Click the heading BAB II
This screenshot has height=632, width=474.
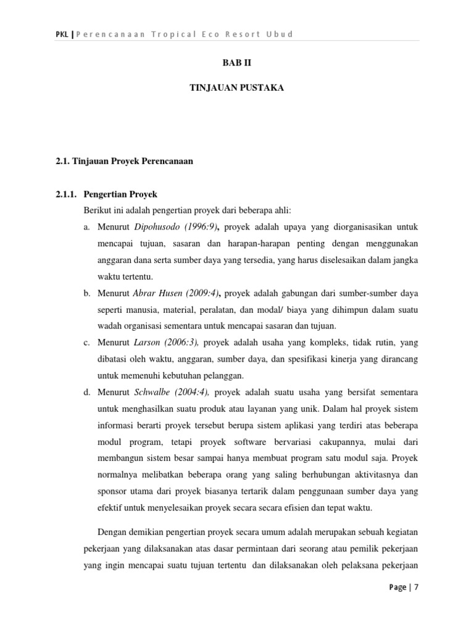point(237,63)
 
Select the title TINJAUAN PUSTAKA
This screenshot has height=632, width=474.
point(236,88)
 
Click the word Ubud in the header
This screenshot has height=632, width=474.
point(280,34)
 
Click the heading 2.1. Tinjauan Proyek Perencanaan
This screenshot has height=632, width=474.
point(124,162)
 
